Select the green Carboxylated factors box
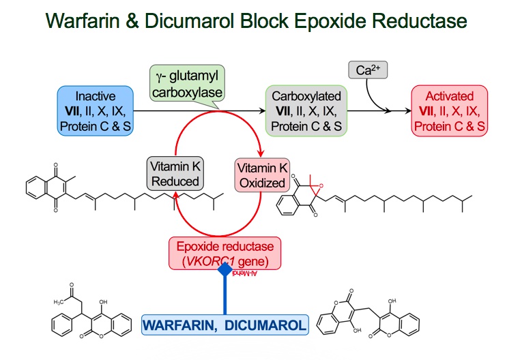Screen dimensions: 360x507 (x=306, y=109)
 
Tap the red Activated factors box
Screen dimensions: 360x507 (x=450, y=109)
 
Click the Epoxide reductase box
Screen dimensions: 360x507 (x=226, y=254)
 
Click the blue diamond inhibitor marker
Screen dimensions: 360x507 (x=225, y=270)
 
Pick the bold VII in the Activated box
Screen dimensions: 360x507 (x=427, y=109)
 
